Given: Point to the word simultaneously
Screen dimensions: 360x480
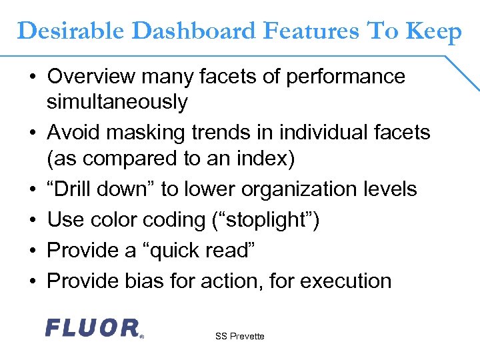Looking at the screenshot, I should coord(117,102).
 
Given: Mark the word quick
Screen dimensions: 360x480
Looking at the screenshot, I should coord(177,250).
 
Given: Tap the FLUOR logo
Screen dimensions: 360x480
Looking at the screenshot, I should coord(93,327).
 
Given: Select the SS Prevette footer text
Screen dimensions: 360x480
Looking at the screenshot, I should coord(240,336).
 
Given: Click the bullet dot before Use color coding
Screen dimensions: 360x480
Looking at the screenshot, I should coord(32,220).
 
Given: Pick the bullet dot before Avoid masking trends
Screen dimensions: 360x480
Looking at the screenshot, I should coord(32,133).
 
